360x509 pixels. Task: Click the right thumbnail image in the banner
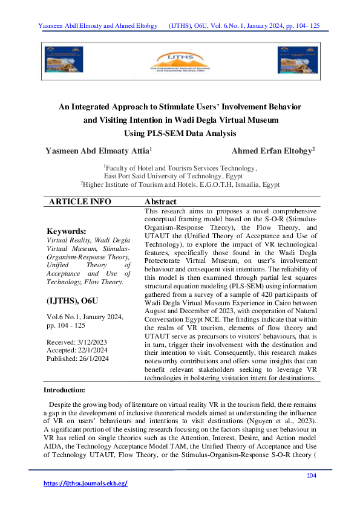point(296,60)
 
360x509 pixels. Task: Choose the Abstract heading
point(161,201)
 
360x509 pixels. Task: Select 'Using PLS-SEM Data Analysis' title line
point(180,133)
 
